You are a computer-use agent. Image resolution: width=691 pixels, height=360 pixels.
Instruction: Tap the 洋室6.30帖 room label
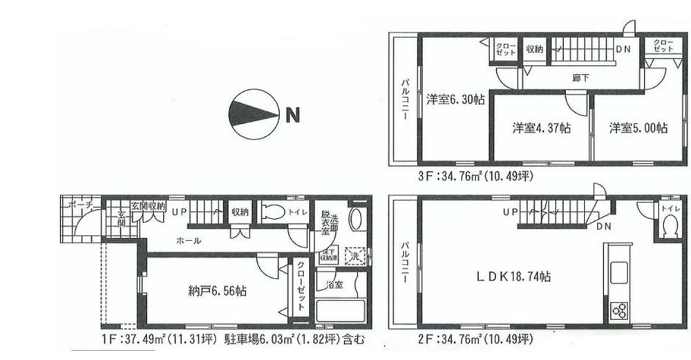pos(455,99)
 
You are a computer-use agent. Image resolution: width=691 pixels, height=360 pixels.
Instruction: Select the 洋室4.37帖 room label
pos(541,128)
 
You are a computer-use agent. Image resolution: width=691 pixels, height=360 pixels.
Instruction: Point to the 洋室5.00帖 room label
pos(638,128)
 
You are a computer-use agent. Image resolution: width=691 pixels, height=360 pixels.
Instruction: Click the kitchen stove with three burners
pos(618,310)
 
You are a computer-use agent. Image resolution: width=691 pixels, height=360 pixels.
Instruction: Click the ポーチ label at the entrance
pos(75,205)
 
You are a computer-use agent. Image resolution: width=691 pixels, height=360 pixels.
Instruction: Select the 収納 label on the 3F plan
pos(534,49)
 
